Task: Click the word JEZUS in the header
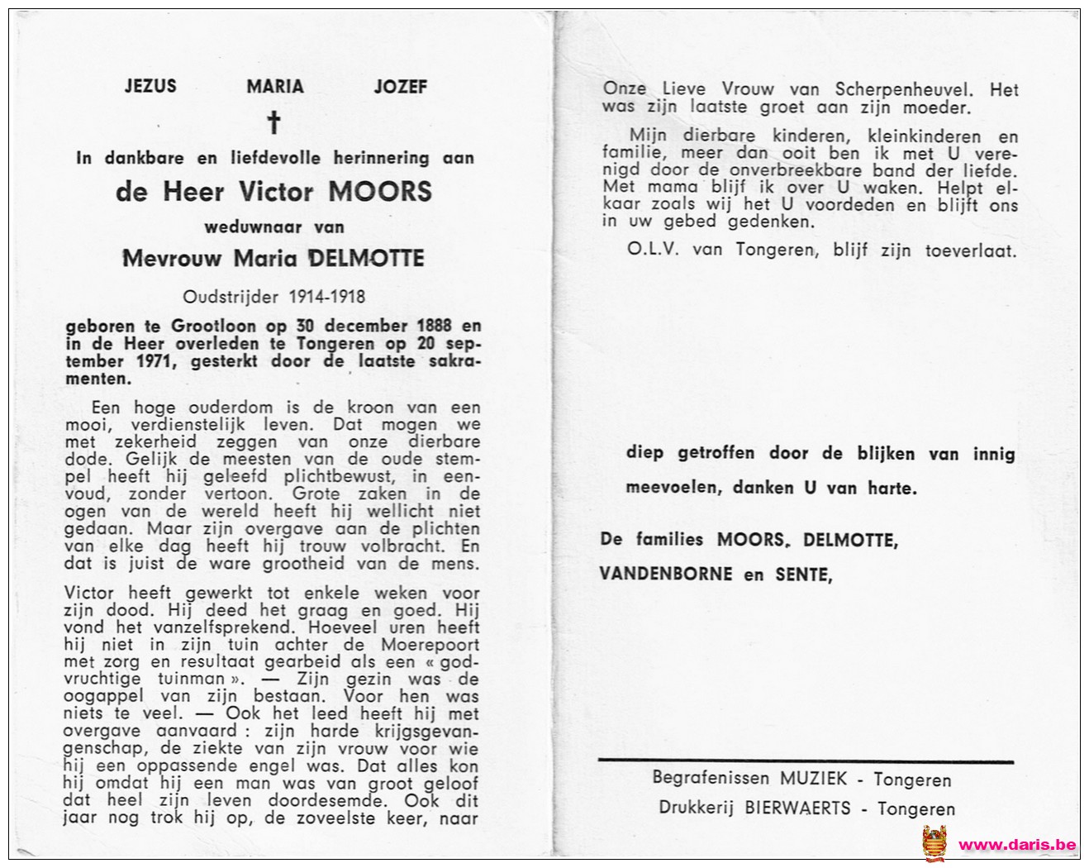click(150, 86)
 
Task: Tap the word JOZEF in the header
click(401, 86)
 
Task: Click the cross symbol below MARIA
click(273, 123)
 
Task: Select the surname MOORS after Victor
click(380, 192)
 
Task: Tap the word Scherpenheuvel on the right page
click(904, 90)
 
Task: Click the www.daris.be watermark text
click(1017, 845)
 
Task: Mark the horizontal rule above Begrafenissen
click(806, 761)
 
